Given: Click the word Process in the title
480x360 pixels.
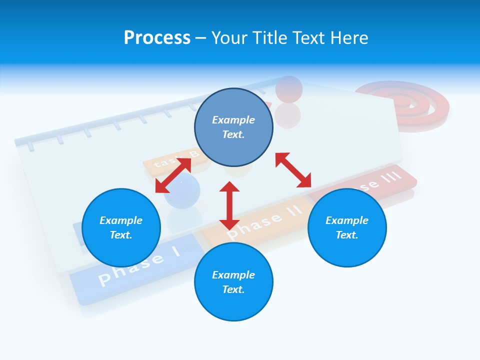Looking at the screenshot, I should tap(157, 38).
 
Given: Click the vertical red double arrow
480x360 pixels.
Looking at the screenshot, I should tap(229, 205).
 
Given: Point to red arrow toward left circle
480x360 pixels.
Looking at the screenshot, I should tap(173, 175).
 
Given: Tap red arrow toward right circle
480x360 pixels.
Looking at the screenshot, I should tap(293, 170).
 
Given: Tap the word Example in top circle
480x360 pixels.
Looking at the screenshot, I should tap(233, 120).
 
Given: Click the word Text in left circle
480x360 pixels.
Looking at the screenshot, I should tap(121, 235).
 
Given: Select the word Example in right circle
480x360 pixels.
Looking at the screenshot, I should tap(347, 220).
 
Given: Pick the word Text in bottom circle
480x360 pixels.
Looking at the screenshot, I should tap(233, 289).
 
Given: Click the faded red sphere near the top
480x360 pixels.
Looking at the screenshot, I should tap(289, 89).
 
